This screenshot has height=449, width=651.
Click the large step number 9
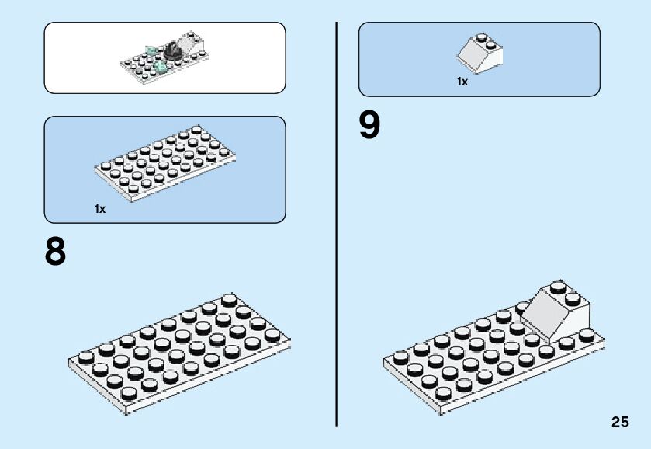pos(370,126)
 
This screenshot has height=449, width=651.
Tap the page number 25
pos(619,423)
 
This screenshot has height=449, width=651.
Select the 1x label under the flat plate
pos(99,209)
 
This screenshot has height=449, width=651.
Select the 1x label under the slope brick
pos(462,82)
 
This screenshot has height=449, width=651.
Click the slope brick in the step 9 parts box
pos(480,53)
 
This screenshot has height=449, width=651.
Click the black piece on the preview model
pos(171,53)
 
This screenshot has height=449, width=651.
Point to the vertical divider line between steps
pos(337,225)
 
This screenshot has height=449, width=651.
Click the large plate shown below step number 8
pos(178,350)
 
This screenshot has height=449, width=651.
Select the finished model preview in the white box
pos(165,57)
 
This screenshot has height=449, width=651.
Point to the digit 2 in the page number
pos(615,423)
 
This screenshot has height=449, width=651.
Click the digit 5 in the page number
pos(625,423)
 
